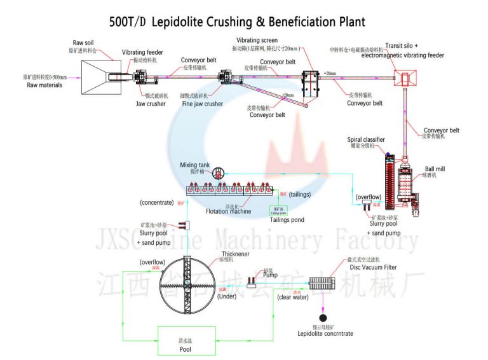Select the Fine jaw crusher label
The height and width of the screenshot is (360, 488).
click(x=202, y=103)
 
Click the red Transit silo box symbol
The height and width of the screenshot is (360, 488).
click(x=405, y=80)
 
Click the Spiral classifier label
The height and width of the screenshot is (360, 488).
click(x=365, y=139)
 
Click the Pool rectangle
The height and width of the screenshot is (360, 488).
click(x=185, y=343)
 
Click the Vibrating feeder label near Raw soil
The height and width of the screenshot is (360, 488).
click(x=143, y=52)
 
